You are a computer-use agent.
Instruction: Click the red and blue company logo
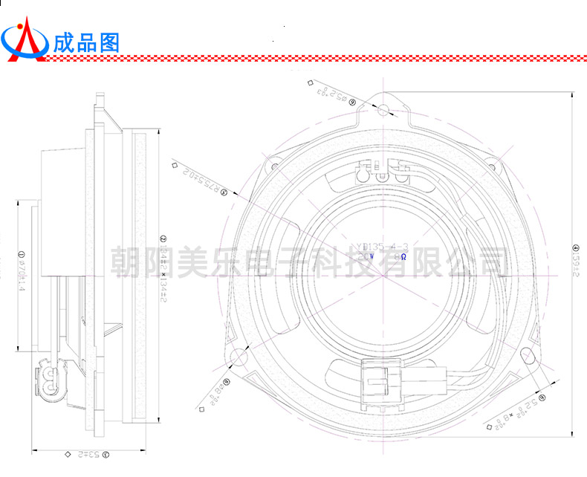tap(25, 39)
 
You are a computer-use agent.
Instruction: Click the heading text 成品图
tap(86, 42)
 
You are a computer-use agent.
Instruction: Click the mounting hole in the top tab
tap(383, 111)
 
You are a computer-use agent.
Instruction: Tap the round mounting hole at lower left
tap(239, 357)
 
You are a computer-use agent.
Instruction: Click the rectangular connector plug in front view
tap(382, 382)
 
